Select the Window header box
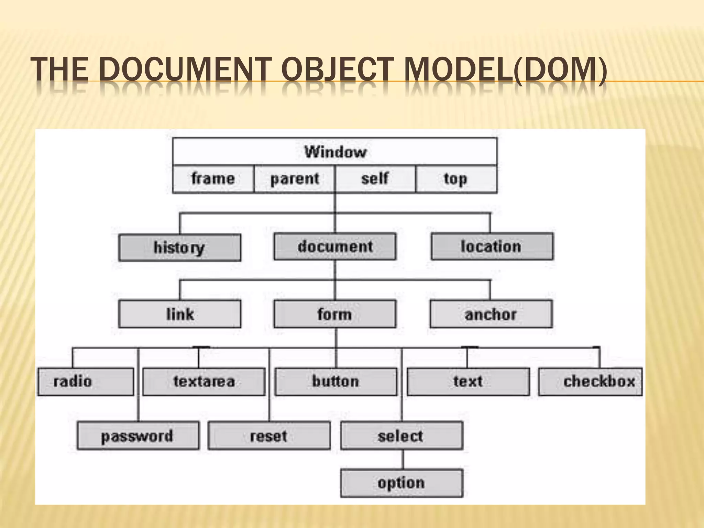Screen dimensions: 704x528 pos(335,152)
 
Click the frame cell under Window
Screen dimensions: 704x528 pos(213,179)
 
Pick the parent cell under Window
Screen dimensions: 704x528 pos(294,179)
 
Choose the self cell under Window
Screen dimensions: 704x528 pos(375,179)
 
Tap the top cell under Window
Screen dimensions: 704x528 pos(456,179)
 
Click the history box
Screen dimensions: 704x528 pos(179,247)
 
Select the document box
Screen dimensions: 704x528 pos(335,246)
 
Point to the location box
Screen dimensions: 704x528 pos(492,246)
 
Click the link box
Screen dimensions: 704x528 pos(179,314)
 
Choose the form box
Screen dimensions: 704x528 pos(335,314)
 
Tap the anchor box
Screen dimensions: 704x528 pos(491,314)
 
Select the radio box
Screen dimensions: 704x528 pos(86,382)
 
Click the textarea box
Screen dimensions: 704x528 pos(204,382)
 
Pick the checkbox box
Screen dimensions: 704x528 pos(590,382)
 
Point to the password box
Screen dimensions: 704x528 pos(138,436)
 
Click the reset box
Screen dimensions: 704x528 pos(269,436)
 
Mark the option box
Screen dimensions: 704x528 pos(401,483)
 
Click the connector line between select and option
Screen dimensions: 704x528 pos(403,460)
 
